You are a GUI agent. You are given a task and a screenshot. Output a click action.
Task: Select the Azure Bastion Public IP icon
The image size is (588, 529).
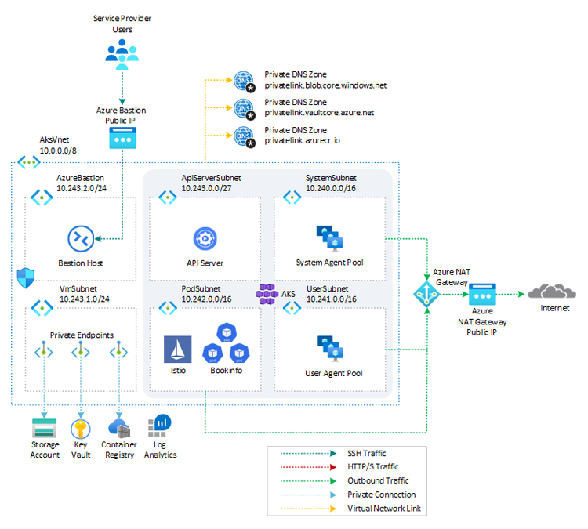coord(122,139)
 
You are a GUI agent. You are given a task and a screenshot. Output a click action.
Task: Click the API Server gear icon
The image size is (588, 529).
coord(205,237)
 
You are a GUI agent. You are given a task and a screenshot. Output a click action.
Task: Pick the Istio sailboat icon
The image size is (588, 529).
coord(177,349)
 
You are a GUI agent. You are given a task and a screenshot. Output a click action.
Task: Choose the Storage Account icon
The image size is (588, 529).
coord(45,428)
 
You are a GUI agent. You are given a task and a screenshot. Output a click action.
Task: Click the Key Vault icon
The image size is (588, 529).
coord(81,428)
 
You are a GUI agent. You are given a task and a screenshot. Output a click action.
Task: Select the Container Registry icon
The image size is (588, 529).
coord(119,428)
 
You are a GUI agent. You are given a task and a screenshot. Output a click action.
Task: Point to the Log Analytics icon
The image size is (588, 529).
coord(162,425)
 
